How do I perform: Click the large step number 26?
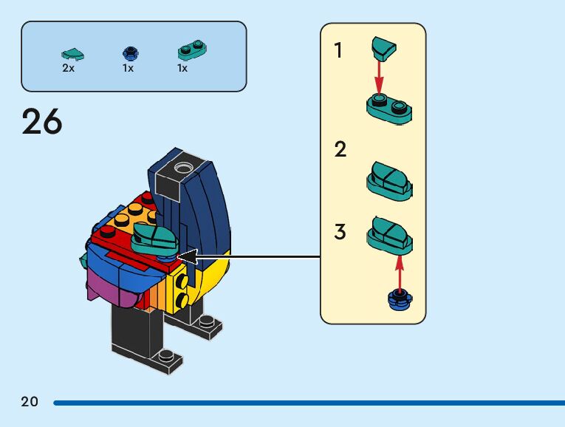[x=42, y=121]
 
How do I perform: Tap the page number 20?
[x=30, y=402]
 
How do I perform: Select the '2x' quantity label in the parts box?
[x=68, y=68]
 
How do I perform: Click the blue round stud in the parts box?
[x=129, y=52]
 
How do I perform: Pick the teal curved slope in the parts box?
[x=72, y=53]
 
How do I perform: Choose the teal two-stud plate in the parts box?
[x=191, y=51]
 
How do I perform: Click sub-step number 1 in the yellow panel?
[x=338, y=51]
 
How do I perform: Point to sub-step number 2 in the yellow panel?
[x=340, y=150]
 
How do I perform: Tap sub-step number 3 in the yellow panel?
[x=340, y=232]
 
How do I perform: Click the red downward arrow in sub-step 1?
[x=379, y=76]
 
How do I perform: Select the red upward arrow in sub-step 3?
[x=400, y=271]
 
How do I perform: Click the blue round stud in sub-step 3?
[x=400, y=299]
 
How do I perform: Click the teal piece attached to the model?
[x=154, y=239]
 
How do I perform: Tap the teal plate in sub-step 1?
[x=389, y=109]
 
